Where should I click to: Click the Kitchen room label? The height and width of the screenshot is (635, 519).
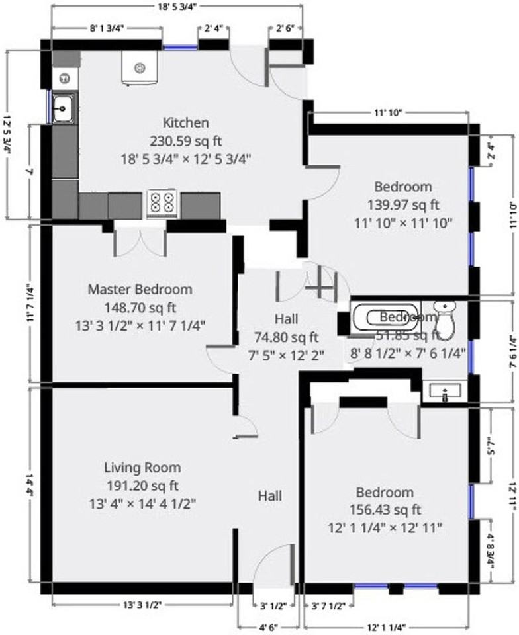click(186, 122)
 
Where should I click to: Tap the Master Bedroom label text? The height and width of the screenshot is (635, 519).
click(140, 289)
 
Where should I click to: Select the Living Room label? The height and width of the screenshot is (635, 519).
click(142, 468)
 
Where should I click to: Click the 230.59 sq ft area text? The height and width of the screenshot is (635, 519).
click(186, 140)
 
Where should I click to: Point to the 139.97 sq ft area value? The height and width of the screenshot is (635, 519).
click(403, 204)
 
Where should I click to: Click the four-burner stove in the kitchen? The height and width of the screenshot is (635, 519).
click(163, 202)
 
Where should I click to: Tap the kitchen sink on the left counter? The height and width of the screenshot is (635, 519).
click(64, 108)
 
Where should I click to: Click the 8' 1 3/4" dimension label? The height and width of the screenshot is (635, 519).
click(107, 28)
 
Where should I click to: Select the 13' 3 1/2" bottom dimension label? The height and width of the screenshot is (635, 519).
click(142, 605)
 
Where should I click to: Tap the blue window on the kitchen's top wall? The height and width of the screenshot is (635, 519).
click(180, 47)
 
